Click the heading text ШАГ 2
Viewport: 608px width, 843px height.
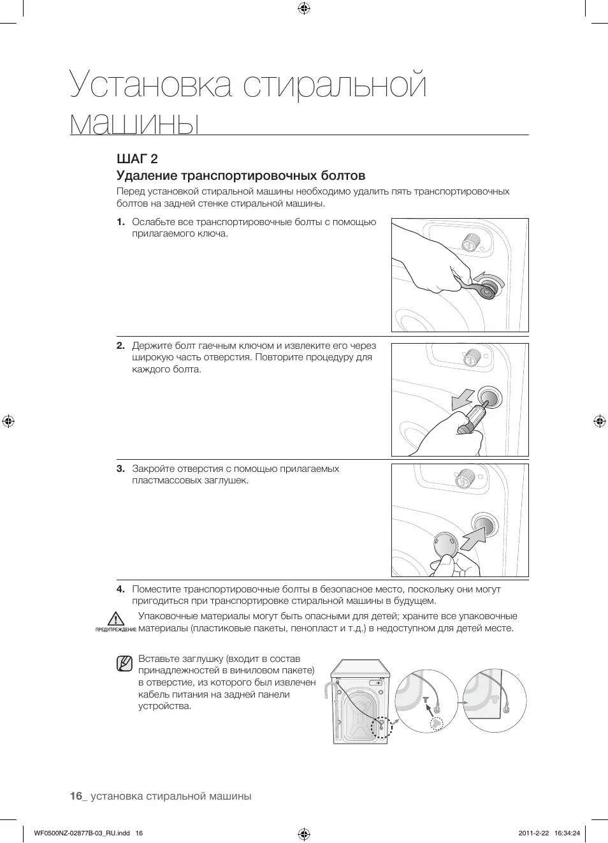point(137,159)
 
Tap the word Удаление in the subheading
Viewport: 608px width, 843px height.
point(146,176)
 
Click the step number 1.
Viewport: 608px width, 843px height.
point(120,223)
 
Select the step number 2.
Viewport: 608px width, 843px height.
point(120,346)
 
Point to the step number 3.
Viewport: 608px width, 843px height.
point(120,469)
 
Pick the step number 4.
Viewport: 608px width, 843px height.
point(120,589)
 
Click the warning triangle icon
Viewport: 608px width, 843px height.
point(115,618)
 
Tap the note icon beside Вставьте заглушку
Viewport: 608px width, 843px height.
point(124,663)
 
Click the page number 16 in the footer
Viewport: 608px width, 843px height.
point(76,796)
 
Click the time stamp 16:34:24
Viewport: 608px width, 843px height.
point(567,833)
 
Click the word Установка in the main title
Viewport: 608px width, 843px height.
point(150,86)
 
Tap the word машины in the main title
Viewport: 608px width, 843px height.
point(134,122)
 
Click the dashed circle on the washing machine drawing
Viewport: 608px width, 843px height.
point(381,727)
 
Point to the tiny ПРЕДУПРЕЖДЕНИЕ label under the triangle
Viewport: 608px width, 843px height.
point(115,629)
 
